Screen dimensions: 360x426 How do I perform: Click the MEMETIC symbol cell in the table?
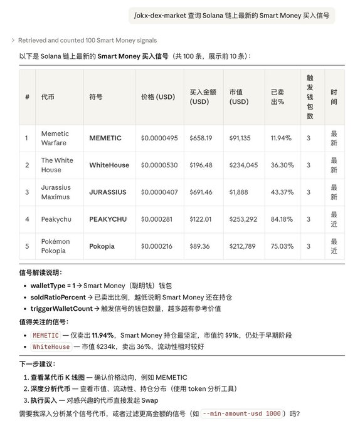(x=105, y=138)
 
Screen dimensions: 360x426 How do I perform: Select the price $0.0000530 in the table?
(x=159, y=165)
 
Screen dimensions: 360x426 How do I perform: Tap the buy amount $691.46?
(x=201, y=192)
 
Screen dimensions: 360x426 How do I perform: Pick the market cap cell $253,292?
(x=243, y=219)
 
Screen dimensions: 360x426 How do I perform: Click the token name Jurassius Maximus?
(x=56, y=192)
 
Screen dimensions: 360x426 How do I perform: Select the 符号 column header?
(x=96, y=97)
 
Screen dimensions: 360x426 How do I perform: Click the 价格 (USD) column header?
(x=158, y=97)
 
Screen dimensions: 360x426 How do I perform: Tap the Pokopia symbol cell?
(x=102, y=246)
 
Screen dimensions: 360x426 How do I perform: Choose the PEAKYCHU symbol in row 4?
(x=108, y=219)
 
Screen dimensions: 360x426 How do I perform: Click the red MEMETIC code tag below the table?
(x=45, y=335)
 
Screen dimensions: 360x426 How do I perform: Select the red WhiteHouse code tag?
(x=51, y=346)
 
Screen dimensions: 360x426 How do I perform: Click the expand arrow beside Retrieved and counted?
(x=13, y=40)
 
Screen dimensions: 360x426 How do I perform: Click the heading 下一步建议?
(x=37, y=364)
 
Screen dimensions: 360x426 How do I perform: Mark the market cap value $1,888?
(x=239, y=192)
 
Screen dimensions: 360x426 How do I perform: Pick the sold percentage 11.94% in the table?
(x=282, y=138)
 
